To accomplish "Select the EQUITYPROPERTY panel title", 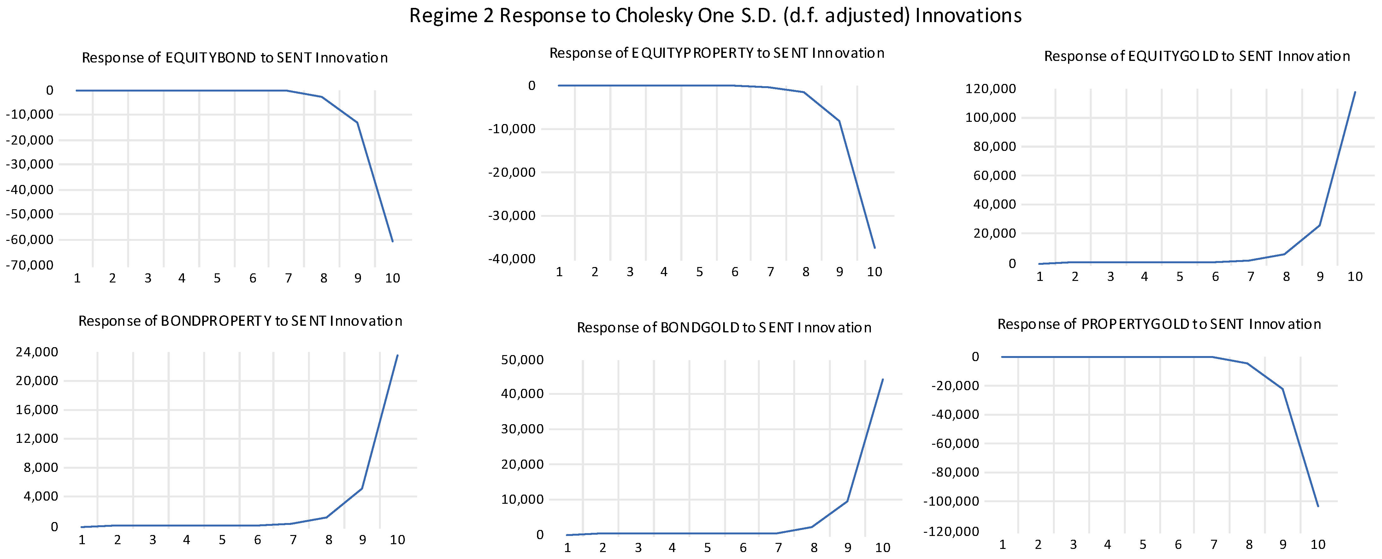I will (x=717, y=53).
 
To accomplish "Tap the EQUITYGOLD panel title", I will (x=1196, y=56).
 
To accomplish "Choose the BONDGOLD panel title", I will (x=724, y=327).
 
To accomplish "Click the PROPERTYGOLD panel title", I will (x=1159, y=324).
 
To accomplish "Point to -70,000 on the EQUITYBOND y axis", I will (x=30, y=265).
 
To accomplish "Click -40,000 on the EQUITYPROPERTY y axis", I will (x=511, y=259).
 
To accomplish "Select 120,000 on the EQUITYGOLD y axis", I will (x=990, y=88).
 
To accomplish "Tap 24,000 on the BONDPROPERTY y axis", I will (x=37, y=352).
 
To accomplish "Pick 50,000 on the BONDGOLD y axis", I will (x=522, y=360).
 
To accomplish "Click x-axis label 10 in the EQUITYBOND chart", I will (x=393, y=278).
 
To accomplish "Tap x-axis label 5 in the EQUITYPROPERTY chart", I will (x=700, y=272).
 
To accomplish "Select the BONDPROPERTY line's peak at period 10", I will (x=397, y=355).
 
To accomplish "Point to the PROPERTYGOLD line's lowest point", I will (x=1318, y=506).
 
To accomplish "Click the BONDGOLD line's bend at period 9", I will (x=847, y=501).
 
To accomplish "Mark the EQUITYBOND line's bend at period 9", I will (x=357, y=123).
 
